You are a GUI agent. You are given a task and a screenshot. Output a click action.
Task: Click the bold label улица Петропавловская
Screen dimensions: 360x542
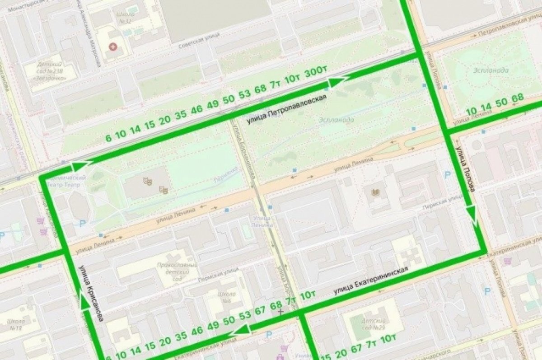coord(286,109)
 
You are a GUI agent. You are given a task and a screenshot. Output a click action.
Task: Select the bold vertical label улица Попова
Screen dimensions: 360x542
coord(465,168)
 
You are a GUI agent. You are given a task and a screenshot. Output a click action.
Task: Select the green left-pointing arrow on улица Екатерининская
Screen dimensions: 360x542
coord(238,332)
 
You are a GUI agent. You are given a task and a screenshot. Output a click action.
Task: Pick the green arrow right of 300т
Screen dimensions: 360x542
coord(338,82)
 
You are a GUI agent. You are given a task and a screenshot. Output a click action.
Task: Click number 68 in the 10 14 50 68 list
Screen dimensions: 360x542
coord(518,98)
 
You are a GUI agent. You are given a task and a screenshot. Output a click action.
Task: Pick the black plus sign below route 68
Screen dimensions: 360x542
coord(281,312)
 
